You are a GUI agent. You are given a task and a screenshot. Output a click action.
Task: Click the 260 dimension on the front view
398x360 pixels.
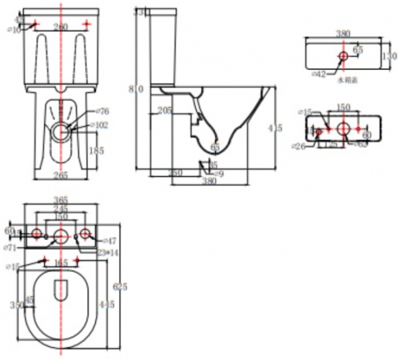[61, 27]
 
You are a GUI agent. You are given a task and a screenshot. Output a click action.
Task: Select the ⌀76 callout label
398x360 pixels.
[103, 111]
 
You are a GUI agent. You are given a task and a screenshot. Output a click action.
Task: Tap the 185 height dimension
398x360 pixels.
[96, 151]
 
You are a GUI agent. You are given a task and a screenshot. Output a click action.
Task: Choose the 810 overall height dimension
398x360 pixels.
[136, 90]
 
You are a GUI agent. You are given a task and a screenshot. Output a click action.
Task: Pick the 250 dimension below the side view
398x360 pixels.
[175, 172]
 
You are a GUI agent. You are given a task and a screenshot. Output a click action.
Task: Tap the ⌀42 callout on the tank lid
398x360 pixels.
[319, 74]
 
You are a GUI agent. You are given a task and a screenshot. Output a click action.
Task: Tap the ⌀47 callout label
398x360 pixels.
[109, 241]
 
